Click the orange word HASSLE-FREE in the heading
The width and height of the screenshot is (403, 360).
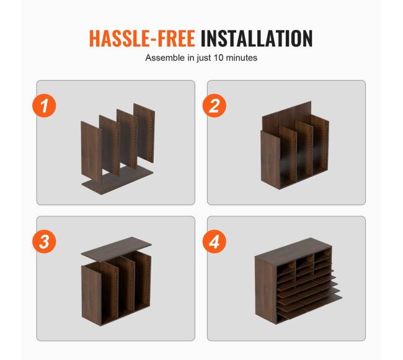coord(142,38)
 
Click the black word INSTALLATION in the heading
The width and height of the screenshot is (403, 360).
coord(257,38)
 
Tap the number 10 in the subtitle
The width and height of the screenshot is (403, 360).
coord(219,58)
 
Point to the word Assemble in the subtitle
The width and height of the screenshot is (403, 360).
coord(165,58)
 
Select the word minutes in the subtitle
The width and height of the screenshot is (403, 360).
coord(242,58)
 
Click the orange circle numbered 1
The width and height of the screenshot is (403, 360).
coord(44,105)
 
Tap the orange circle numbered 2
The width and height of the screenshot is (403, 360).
coord(215,105)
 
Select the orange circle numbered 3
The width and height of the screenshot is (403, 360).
coord(44,242)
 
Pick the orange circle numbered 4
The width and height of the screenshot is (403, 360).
coord(215,242)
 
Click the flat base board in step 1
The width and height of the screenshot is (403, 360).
coord(118,180)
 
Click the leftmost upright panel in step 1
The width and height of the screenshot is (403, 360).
coord(92,152)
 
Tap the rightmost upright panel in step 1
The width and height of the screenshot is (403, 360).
coord(144,133)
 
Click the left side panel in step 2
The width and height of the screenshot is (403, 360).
coord(270,160)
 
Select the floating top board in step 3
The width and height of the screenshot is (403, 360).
coord(116,248)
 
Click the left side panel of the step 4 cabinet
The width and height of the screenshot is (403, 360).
coord(266,289)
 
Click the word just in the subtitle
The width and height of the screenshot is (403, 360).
coord(204,58)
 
